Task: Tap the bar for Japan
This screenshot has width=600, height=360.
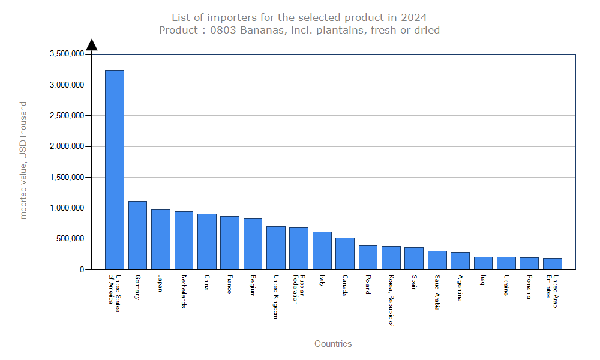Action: pyautogui.click(x=161, y=239)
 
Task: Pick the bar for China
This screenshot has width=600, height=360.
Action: pyautogui.click(x=207, y=242)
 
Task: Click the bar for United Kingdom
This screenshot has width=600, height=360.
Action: pyautogui.click(x=276, y=248)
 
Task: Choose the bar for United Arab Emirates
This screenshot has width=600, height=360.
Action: pyautogui.click(x=552, y=264)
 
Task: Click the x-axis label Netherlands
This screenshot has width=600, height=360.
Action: pyautogui.click(x=184, y=292)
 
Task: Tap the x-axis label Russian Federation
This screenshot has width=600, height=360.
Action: pyautogui.click(x=299, y=290)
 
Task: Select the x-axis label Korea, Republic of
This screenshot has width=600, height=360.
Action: pyautogui.click(x=391, y=300)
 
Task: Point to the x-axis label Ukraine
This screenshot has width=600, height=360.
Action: pyautogui.click(x=506, y=286)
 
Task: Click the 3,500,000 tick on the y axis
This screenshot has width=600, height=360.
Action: pyautogui.click(x=65, y=54)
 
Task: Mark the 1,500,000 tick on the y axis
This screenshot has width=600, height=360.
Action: pyautogui.click(x=65, y=178)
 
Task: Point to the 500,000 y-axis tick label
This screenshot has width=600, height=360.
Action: pyautogui.click(x=70, y=239)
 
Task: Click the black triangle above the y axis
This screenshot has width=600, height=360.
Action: pyautogui.click(x=91, y=45)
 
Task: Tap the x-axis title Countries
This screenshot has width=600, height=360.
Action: pyautogui.click(x=333, y=344)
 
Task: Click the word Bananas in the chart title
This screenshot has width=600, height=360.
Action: pyautogui.click(x=261, y=30)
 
